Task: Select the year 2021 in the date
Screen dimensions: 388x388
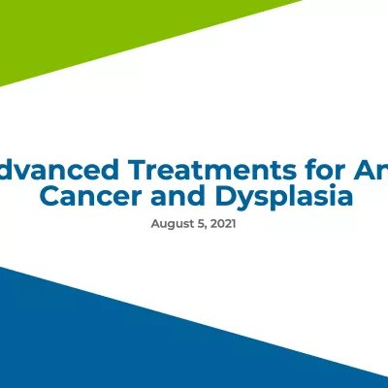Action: pyautogui.click(x=222, y=223)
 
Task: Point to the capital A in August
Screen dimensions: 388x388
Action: pyautogui.click(x=155, y=223)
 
